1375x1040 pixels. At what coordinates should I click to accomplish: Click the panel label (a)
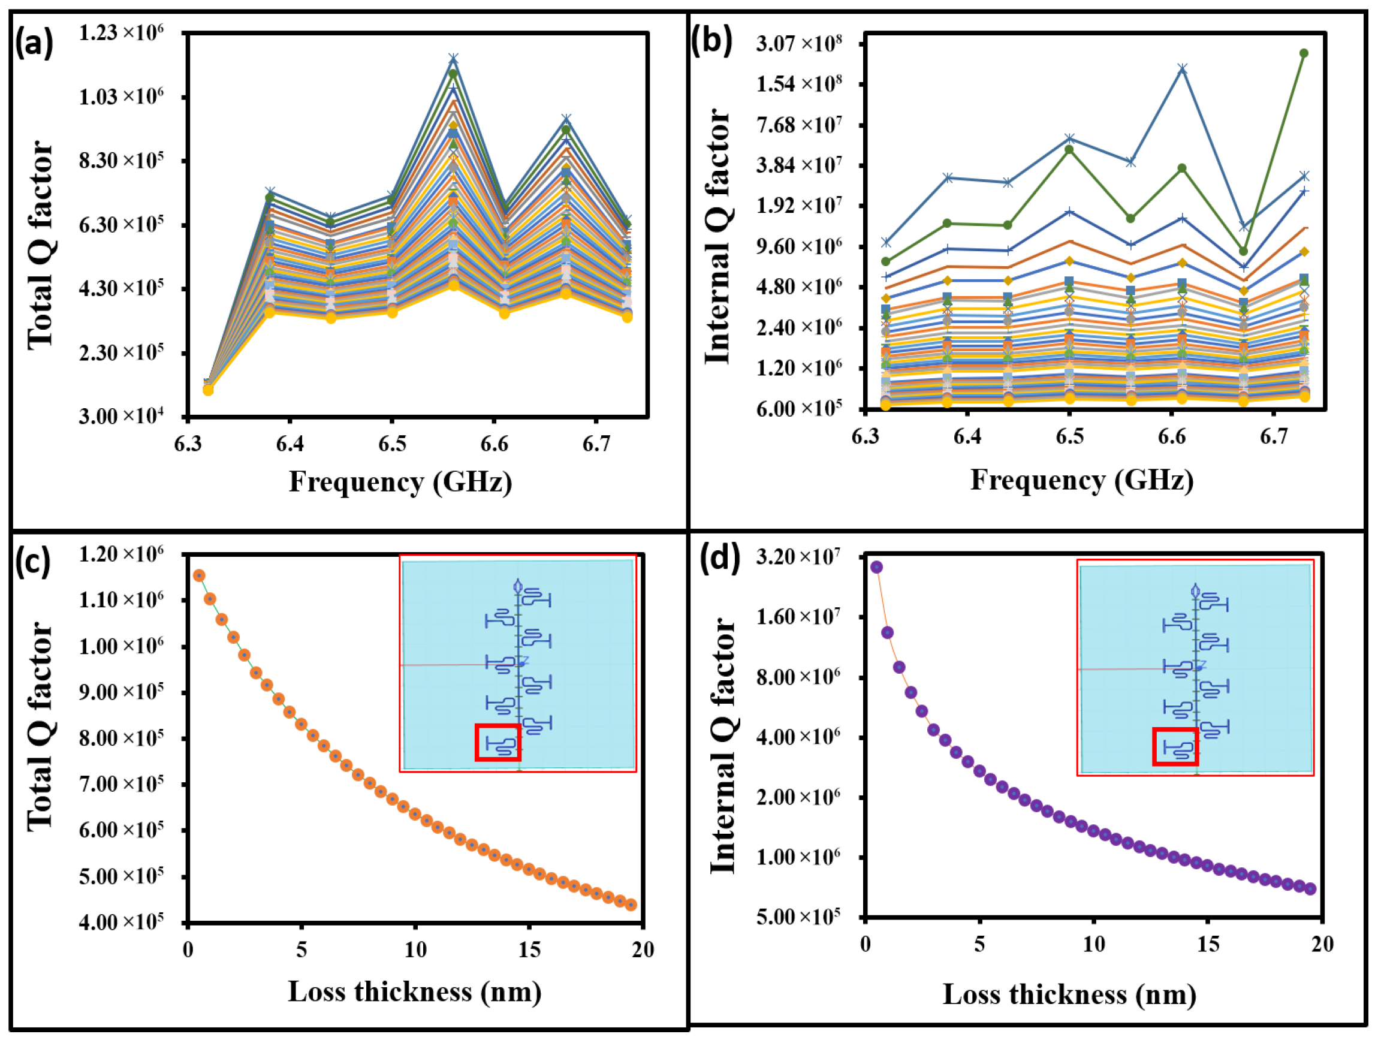(x=35, y=45)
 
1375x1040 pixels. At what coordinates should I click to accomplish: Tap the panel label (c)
(x=35, y=563)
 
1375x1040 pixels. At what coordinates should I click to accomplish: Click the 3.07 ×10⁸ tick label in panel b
(x=799, y=44)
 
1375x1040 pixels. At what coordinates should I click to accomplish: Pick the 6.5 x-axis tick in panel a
(x=391, y=444)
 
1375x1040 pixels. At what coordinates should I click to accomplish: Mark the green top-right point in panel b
(x=1304, y=53)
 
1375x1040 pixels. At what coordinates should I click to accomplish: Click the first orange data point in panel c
(x=199, y=575)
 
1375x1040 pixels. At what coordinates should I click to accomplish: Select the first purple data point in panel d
(x=876, y=567)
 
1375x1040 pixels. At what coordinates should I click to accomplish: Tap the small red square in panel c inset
(x=497, y=742)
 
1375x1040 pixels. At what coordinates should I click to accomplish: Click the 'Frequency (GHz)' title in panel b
(x=1082, y=481)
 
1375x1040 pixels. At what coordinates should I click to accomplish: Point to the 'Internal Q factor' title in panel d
(x=722, y=746)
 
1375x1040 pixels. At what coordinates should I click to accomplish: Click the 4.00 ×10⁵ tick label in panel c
(x=121, y=922)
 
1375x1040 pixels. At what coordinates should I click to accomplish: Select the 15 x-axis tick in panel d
(x=1208, y=944)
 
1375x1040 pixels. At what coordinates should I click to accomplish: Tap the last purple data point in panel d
(x=1310, y=889)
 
